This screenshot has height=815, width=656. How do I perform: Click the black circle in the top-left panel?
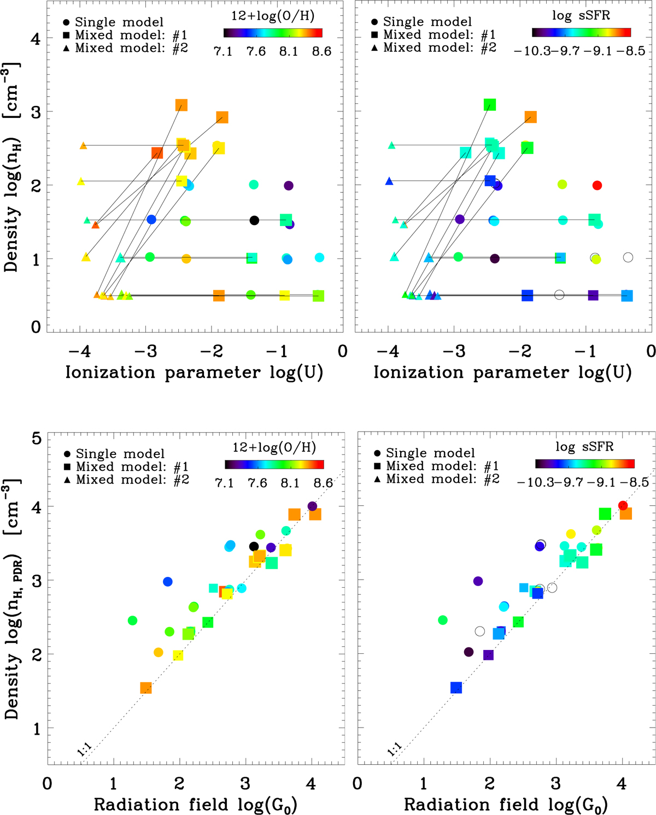[254, 220]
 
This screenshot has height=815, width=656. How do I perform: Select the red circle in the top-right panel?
[597, 185]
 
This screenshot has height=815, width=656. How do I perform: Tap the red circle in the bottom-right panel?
[623, 506]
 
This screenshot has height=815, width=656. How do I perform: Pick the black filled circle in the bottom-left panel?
[254, 546]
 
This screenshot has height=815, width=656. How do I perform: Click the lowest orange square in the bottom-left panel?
[146, 688]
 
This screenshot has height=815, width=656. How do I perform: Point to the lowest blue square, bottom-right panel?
[456, 688]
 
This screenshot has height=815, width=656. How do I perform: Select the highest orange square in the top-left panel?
[181, 105]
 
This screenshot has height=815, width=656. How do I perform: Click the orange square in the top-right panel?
[530, 117]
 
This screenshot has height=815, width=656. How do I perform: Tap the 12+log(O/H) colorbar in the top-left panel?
[273, 33]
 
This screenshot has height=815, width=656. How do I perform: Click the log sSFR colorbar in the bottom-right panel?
[585, 464]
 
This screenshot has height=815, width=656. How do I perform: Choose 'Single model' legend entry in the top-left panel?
[113, 22]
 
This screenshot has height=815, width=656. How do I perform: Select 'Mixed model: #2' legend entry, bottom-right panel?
[437, 479]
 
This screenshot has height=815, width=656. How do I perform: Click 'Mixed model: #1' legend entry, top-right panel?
[434, 35]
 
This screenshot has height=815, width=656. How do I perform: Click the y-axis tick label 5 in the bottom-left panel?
[37, 439]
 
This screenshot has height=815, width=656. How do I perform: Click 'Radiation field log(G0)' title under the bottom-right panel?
[505, 805]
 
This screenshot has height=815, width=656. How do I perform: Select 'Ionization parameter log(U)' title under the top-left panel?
[194, 373]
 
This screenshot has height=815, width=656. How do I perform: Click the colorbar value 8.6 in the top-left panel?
[321, 52]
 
